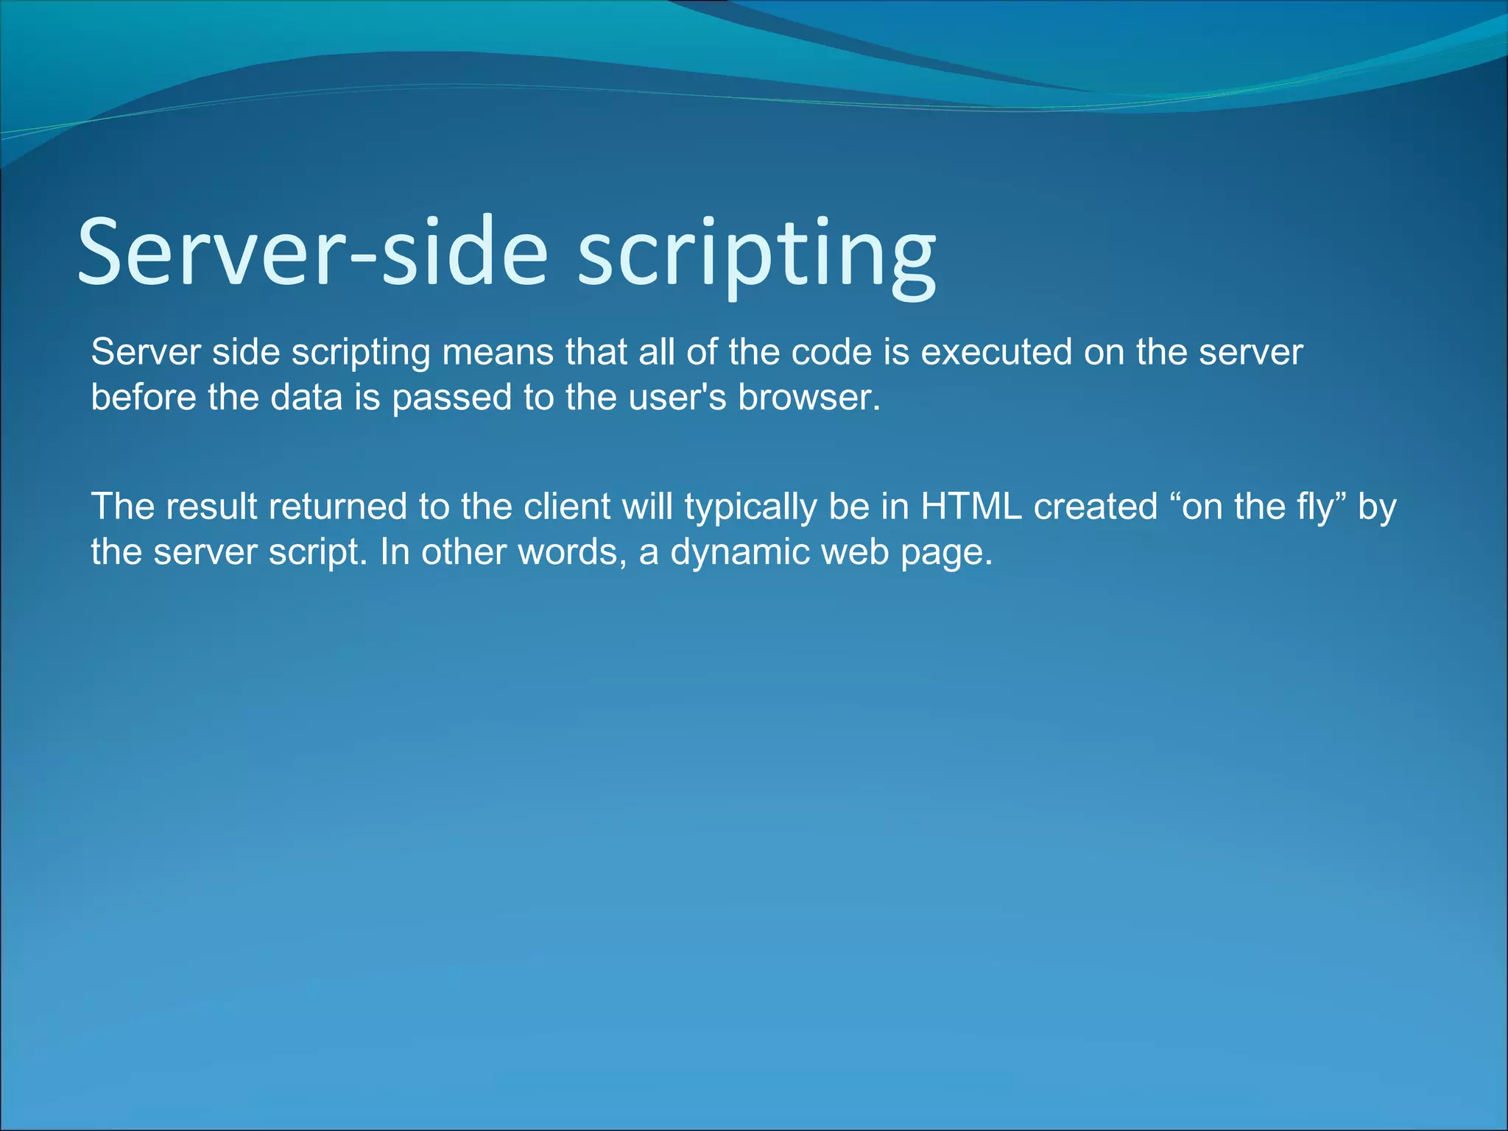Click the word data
(306, 398)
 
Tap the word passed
(451, 398)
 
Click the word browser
(808, 398)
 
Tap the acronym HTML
(971, 507)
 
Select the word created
(1096, 507)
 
